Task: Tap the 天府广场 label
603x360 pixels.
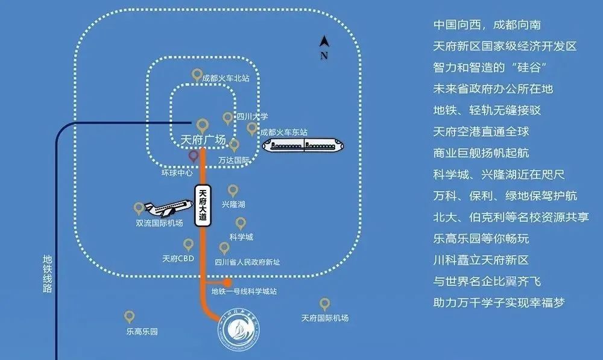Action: pos(203,141)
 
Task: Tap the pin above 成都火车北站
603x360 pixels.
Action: pos(197,75)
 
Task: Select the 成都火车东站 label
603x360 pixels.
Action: pos(283,131)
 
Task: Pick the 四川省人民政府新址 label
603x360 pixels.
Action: pos(247,262)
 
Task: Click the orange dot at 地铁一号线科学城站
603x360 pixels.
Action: pos(227,282)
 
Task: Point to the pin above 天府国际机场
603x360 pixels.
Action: pos(324,303)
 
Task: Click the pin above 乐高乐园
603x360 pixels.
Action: pos(129,317)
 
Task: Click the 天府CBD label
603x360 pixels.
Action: pos(177,259)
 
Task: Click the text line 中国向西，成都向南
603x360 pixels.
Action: pos(487,25)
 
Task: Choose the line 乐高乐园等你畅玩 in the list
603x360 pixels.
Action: pos(481,239)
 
